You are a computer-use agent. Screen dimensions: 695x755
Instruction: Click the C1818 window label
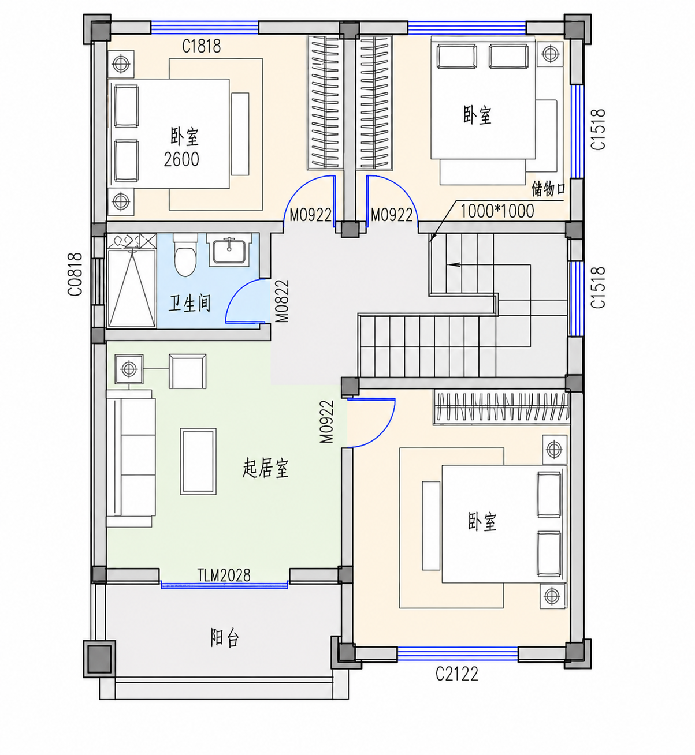[201, 46]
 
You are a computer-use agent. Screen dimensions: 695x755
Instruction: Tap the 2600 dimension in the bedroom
[181, 159]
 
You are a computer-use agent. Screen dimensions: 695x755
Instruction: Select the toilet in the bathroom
[185, 255]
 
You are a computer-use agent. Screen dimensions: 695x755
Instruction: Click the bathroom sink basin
[229, 250]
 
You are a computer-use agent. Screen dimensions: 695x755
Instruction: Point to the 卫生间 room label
[189, 304]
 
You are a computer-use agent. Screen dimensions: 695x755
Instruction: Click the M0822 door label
[282, 301]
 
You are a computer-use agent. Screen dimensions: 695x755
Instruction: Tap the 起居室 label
[266, 468]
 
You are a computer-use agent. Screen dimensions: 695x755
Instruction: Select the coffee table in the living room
[198, 461]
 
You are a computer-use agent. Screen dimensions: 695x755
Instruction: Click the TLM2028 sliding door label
[224, 575]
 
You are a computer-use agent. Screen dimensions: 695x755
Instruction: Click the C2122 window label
[457, 674]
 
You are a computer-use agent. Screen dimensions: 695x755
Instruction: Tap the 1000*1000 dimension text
[497, 211]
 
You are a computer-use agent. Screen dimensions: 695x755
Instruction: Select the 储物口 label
[548, 189]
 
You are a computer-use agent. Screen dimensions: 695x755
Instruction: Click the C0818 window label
[75, 274]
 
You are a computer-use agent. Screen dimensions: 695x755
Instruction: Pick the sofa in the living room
[131, 458]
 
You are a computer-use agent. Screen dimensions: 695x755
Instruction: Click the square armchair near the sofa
[187, 371]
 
